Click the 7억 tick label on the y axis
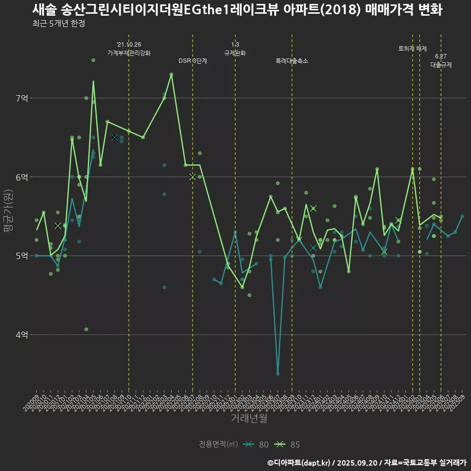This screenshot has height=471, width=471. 22,98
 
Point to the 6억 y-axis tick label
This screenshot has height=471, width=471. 22,177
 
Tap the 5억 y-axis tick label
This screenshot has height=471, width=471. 22,256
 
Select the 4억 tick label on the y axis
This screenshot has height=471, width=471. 22,335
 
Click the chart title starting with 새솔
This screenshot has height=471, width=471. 237,10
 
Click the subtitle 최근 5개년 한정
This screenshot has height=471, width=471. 59,24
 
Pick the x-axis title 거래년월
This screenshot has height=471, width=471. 249,419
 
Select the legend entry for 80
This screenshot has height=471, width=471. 256,445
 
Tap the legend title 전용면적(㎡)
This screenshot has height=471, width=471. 218,445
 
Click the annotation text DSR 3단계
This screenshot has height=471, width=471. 193,61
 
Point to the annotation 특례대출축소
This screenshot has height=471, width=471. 292,61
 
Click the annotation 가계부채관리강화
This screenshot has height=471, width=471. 129,53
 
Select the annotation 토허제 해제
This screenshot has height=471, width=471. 413,49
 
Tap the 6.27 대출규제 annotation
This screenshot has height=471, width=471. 441,61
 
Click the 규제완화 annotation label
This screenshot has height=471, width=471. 235,53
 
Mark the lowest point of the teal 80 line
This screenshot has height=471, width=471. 278,374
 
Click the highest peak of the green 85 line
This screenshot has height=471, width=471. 171,74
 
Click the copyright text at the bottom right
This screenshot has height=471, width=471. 366,462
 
